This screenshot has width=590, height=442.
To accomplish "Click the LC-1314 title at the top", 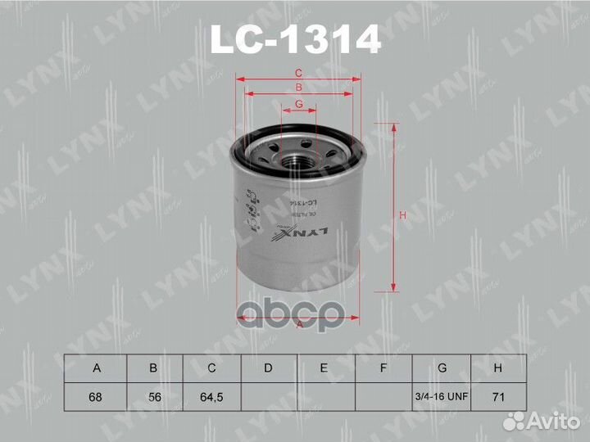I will tap(295, 38).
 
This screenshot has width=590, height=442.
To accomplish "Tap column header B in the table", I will tap(153, 368).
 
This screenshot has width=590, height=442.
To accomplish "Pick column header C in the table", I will tap(211, 368).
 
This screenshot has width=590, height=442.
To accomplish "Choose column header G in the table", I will tap(442, 368).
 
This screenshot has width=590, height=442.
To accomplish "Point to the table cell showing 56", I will tap(153, 397).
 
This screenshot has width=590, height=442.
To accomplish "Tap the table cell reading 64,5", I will tap(211, 397).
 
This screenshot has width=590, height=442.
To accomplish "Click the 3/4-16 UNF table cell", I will tap(442, 397).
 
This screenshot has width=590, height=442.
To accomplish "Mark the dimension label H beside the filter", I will tap(402, 215).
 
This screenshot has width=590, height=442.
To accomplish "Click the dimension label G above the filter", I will tap(299, 104).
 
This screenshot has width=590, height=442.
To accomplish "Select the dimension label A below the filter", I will tap(299, 325).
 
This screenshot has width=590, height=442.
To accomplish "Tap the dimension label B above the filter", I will tap(299, 88).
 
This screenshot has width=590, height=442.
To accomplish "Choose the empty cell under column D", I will tap(268, 397).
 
